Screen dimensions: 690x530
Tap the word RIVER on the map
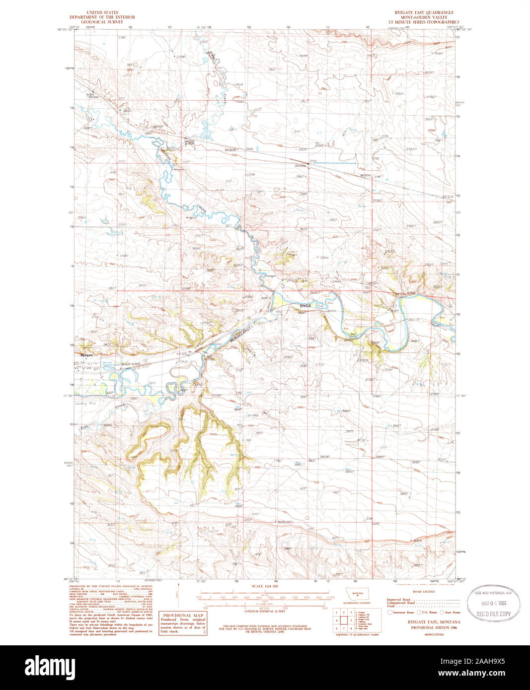(x=305, y=306)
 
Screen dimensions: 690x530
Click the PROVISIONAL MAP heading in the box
(x=182, y=615)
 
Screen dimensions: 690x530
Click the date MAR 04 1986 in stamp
(x=494, y=603)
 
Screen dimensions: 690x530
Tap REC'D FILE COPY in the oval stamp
(x=494, y=614)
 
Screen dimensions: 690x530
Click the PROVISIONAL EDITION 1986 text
(x=424, y=627)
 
